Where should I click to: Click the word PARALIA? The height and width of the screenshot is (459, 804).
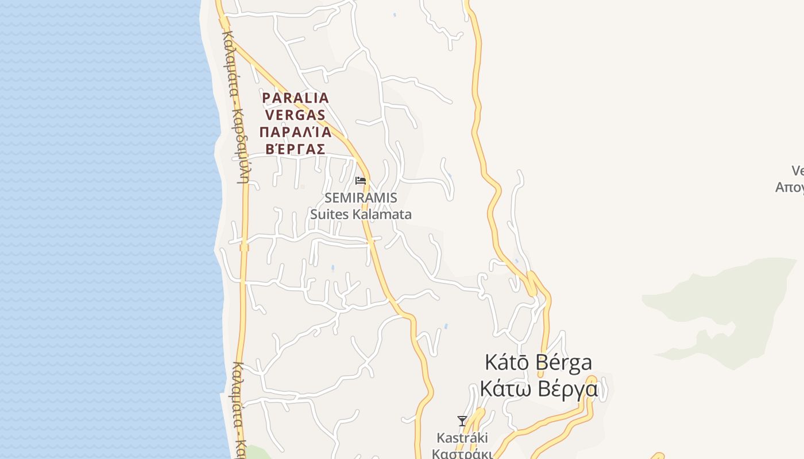[295, 98]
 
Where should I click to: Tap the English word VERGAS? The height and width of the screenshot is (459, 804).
[295, 115]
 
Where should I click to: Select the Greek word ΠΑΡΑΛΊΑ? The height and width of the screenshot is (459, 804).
[295, 133]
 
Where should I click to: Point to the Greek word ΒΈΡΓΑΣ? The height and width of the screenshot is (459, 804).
[295, 149]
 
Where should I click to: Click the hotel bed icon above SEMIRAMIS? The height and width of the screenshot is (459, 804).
[361, 181]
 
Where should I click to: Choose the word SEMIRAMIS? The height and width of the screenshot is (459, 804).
[361, 198]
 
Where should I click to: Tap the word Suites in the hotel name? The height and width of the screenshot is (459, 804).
[330, 215]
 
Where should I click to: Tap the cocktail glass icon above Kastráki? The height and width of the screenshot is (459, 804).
[462, 421]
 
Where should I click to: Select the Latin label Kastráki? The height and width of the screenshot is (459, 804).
[462, 438]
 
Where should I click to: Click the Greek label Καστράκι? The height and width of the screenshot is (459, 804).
[462, 453]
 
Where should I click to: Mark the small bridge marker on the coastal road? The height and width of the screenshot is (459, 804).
[244, 247]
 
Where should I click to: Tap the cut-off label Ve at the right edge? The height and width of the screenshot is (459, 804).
[798, 171]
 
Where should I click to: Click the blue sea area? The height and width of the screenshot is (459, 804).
[103, 229]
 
